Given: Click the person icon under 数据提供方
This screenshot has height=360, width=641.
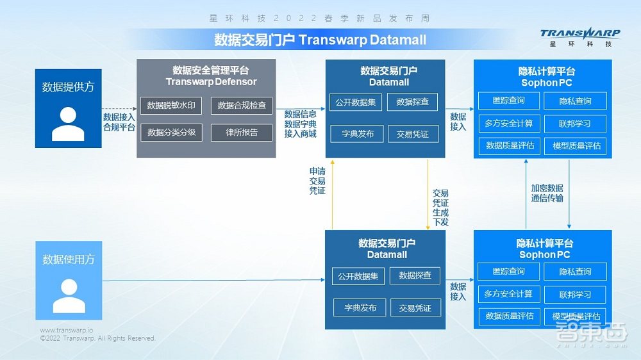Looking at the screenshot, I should coord(68,124).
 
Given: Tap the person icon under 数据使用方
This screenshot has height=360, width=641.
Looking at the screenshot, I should coord(69,295).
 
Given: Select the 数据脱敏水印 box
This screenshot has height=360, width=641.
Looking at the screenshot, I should coord(171,105).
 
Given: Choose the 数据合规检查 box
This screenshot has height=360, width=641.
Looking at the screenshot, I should coord(242,105).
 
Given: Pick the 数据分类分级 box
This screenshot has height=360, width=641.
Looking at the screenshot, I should coord(171,133).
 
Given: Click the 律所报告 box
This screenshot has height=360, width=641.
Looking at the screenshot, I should coord(242,133).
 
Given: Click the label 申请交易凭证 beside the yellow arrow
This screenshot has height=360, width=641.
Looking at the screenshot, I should coord(317,181).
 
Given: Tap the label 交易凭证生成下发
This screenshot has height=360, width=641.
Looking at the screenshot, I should coord(440,207).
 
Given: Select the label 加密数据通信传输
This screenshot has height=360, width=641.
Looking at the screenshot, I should coord(547,193).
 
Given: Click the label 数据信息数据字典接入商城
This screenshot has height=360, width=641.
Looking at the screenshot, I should coord(300,123).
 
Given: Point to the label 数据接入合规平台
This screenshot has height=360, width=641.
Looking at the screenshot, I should coord(119,122).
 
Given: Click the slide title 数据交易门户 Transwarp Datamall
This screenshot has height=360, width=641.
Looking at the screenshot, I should coord(320,40).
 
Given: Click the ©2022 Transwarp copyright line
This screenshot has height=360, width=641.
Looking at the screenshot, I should coord(97,338).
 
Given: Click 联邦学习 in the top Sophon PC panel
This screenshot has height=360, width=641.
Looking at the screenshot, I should coord(574,123).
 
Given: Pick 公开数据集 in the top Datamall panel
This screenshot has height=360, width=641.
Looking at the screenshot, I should coord(356,101).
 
